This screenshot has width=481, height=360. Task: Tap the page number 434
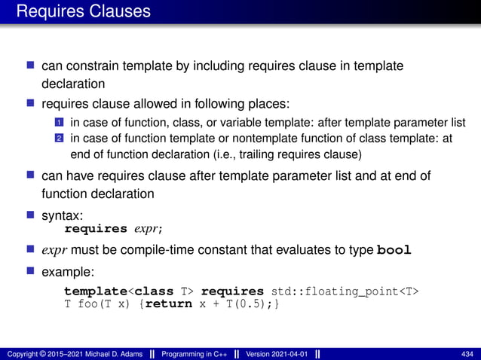(x=467, y=354)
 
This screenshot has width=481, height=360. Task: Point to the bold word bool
(x=394, y=250)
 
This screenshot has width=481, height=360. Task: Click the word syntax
(x=61, y=215)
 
